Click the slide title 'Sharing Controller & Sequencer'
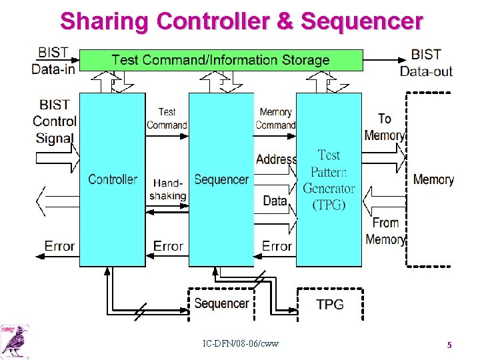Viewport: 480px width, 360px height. [241, 21]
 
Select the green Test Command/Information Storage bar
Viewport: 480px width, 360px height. [221, 60]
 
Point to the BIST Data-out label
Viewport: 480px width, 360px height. [426, 62]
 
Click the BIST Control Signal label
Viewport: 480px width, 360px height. [55, 121]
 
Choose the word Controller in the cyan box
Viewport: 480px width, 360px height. [112, 179]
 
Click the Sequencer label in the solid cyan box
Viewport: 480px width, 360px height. [221, 179]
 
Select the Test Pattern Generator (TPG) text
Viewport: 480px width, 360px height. [329, 180]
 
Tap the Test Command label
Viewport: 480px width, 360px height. [167, 119]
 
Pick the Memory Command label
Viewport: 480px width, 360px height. [275, 119]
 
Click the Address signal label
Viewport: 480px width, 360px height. [276, 159]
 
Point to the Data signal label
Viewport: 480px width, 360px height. [275, 200]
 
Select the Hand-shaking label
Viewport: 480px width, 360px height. [168, 189]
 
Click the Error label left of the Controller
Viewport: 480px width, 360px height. [59, 246]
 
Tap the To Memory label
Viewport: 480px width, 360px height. [384, 127]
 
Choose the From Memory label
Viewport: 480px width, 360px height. [385, 231]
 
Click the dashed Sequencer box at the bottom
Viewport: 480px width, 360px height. [221, 303]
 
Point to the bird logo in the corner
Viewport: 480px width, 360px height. [15, 341]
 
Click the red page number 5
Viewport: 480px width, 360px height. [449, 345]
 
